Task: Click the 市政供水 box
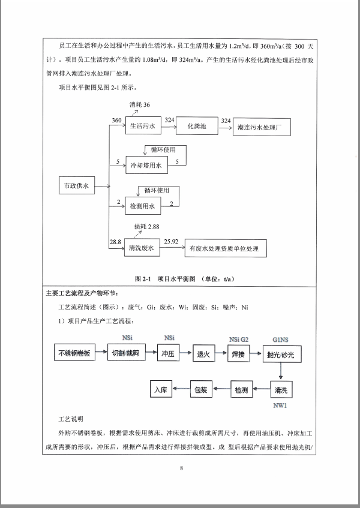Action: [76, 187]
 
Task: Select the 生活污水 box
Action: [143, 126]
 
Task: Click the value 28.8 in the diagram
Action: [115, 241]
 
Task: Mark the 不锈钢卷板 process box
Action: [75, 354]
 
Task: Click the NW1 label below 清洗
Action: [280, 405]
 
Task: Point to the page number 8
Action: [180, 468]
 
